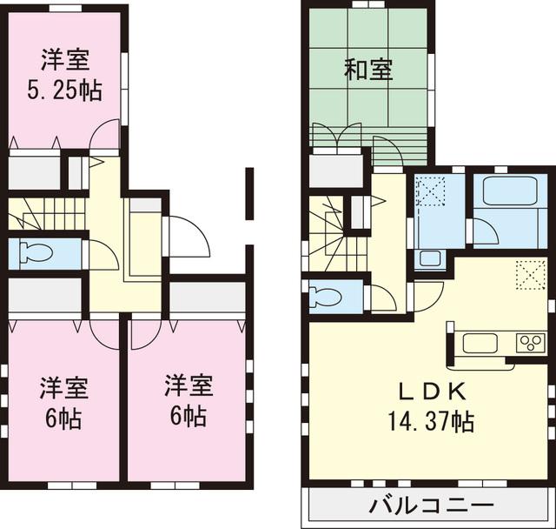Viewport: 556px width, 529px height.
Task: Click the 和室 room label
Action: click(368, 70)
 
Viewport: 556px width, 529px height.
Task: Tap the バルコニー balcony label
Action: click(431, 506)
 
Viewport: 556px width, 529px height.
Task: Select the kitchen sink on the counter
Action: click(478, 343)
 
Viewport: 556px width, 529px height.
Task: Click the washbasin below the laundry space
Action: click(428, 258)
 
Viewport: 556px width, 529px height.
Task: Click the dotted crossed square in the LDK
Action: click(527, 275)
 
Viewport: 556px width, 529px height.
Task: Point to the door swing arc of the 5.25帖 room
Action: click(106, 135)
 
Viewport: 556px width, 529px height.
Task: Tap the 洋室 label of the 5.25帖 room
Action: click(65, 61)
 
